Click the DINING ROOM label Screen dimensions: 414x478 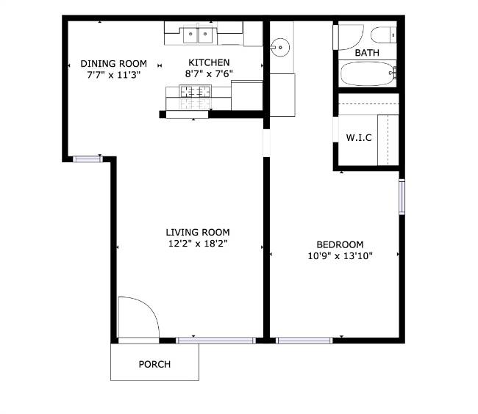pos(113,63)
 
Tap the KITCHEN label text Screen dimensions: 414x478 pos(209,63)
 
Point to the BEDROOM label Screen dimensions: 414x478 pos(340,244)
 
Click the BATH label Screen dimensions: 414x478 pos(367,54)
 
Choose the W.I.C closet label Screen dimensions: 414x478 pos(359,137)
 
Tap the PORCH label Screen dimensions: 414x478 pos(154,364)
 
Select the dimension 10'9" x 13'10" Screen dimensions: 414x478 pos(340,256)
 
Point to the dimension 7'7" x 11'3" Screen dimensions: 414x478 pos(113,74)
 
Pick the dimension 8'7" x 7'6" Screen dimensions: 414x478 pos(209,74)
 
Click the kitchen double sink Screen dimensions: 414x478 pos(199,33)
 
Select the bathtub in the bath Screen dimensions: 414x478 pos(368,74)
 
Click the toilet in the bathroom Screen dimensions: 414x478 pos(383,35)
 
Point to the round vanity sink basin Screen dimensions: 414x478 pos(279,48)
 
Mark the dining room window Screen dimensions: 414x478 pos(87,158)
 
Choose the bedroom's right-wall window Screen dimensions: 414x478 pos(402,197)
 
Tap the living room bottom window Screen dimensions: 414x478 pos(215,340)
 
